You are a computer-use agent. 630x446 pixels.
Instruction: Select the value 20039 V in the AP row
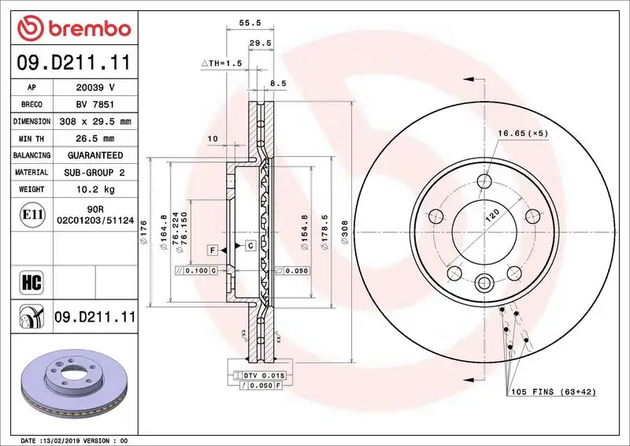(x=94, y=87)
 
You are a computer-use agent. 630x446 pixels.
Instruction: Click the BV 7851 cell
(x=94, y=105)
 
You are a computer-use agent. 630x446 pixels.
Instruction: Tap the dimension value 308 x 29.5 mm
(x=94, y=121)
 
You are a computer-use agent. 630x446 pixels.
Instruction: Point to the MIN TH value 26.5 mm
(x=94, y=139)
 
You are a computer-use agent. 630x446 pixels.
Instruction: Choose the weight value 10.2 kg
(x=94, y=189)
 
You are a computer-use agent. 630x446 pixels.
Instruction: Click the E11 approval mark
(x=33, y=214)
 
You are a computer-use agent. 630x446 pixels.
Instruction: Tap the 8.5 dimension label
(x=278, y=83)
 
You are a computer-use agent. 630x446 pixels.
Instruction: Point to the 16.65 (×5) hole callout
(x=522, y=133)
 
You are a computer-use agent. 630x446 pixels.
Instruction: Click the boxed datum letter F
(x=213, y=250)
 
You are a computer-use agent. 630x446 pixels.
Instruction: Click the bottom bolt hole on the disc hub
(x=484, y=282)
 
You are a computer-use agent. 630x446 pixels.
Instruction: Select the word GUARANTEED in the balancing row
(x=94, y=156)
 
